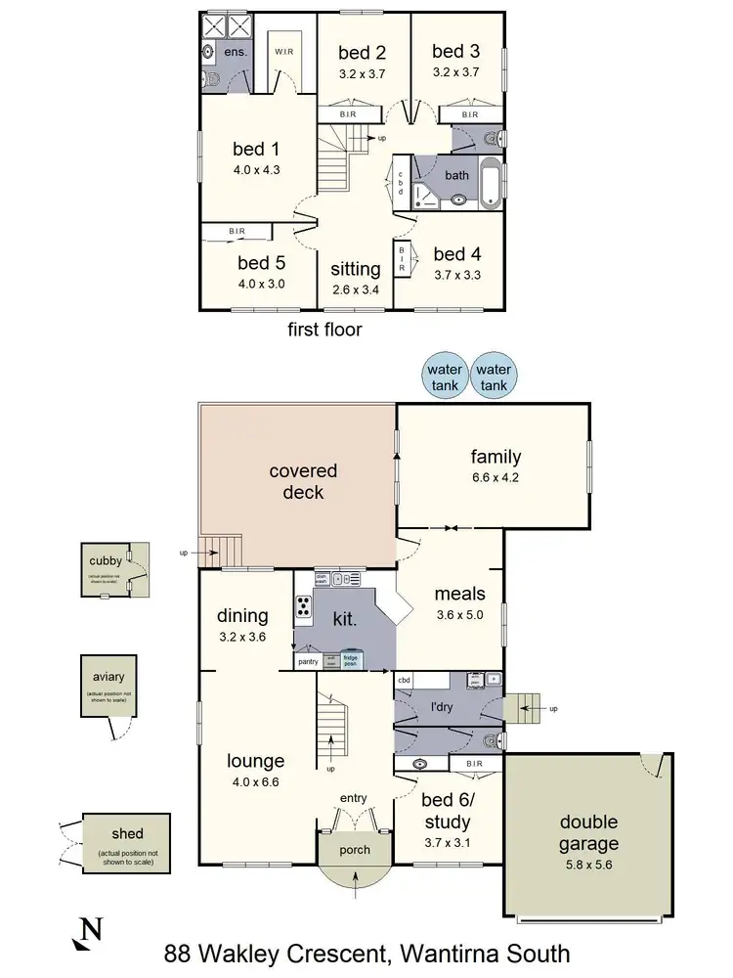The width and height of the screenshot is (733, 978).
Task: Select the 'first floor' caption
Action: tap(324, 330)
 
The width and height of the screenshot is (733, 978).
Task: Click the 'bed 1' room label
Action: tap(256, 149)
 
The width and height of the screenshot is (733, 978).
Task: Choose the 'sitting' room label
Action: tap(355, 269)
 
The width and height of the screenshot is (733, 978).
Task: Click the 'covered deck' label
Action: tap(303, 481)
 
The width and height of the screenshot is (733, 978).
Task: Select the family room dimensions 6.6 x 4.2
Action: tap(496, 479)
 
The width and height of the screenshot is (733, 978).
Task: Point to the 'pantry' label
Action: tap(309, 662)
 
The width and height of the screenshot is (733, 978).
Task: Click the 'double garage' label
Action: tap(588, 832)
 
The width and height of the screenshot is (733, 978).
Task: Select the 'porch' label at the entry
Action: tap(355, 849)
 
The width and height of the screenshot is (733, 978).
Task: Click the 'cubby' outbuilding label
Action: tap(105, 561)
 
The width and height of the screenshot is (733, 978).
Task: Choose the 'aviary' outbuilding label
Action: tap(109, 677)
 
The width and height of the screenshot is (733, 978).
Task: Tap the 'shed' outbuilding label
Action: tap(127, 834)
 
